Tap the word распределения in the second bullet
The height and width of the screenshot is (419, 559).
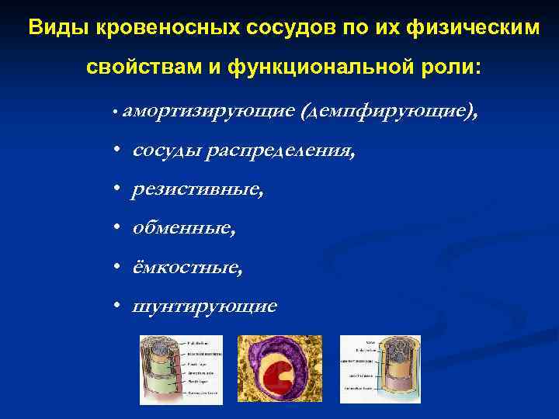[282, 151]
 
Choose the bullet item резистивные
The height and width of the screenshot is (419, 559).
[198, 189]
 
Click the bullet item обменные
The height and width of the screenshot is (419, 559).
[184, 228]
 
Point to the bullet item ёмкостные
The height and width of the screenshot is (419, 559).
[187, 267]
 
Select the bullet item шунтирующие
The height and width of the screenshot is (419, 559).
[204, 306]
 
